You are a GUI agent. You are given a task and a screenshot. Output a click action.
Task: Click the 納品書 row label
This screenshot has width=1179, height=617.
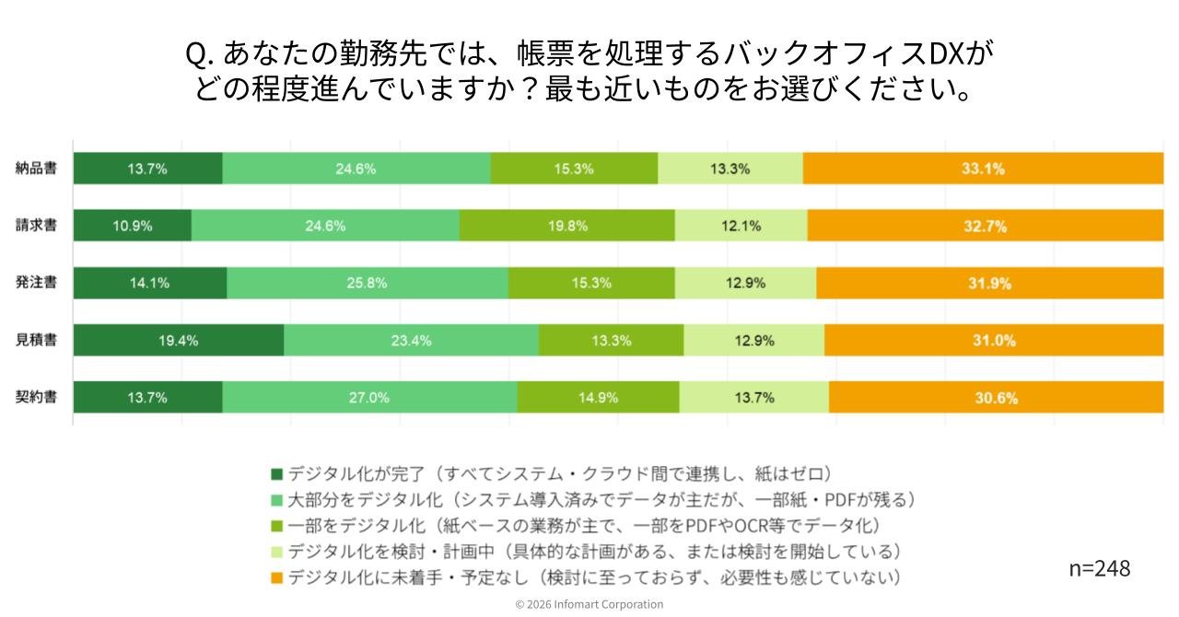(36, 169)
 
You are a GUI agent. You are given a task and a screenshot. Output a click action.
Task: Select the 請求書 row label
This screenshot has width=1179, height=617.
(36, 226)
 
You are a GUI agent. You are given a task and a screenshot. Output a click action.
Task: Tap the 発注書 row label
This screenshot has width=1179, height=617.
(36, 283)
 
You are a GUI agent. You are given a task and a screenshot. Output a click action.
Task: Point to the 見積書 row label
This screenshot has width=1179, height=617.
(36, 340)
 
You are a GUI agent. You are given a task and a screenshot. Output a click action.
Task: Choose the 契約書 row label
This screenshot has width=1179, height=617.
(36, 397)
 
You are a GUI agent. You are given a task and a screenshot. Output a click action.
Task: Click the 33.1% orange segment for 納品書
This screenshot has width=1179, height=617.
(983, 169)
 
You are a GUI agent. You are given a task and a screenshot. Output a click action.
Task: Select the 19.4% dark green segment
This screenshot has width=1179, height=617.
(178, 340)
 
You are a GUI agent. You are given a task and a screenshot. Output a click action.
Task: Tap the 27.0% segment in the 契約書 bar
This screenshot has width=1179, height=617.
(369, 397)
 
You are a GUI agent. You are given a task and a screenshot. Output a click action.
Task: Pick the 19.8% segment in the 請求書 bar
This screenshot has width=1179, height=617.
(567, 226)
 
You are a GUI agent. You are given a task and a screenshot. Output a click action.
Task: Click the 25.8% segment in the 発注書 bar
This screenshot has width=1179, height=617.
(367, 283)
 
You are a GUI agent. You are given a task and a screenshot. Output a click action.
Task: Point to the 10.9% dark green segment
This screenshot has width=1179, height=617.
(133, 226)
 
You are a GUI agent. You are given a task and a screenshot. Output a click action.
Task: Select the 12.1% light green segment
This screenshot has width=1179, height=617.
(741, 226)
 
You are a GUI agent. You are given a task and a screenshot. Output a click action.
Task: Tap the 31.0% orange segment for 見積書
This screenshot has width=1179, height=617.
(994, 340)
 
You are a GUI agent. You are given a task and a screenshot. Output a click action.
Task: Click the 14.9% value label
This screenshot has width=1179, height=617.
(599, 398)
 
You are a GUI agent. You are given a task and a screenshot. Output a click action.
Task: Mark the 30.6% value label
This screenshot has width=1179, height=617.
(996, 398)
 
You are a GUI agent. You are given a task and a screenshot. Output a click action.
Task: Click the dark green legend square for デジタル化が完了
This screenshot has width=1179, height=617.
(276, 474)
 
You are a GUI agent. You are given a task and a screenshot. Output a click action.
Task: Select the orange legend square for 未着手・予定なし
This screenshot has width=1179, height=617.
(276, 577)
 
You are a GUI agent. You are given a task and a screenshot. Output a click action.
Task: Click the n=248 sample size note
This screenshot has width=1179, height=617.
(1099, 568)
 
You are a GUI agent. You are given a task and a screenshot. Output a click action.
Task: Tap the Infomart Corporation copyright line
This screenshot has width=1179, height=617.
(589, 604)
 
